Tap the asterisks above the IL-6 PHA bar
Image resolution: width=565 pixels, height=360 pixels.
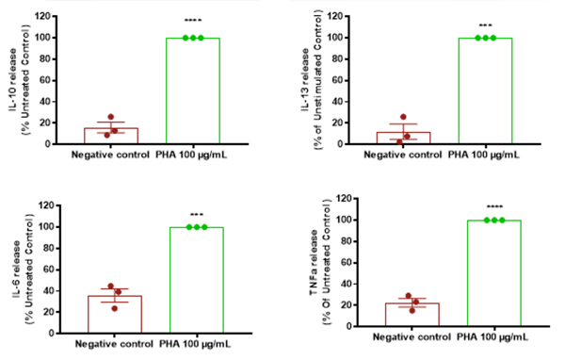point(196,217)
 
